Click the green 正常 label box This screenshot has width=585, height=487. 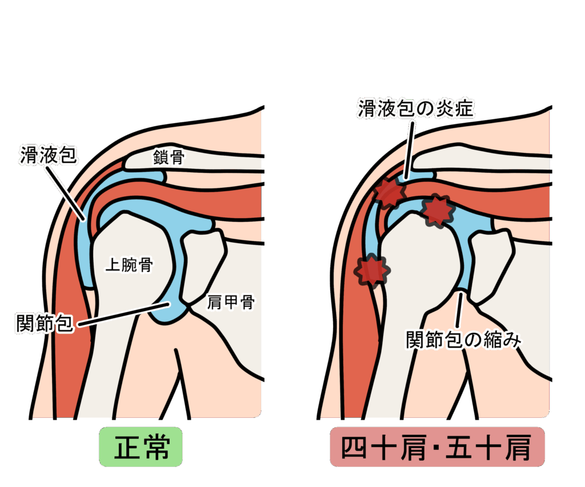point(141,447)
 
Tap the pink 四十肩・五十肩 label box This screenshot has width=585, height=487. point(437,448)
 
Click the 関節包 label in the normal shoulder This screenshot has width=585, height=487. point(45,324)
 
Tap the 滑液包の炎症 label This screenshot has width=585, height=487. point(416,107)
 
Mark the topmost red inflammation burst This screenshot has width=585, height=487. point(389,192)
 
